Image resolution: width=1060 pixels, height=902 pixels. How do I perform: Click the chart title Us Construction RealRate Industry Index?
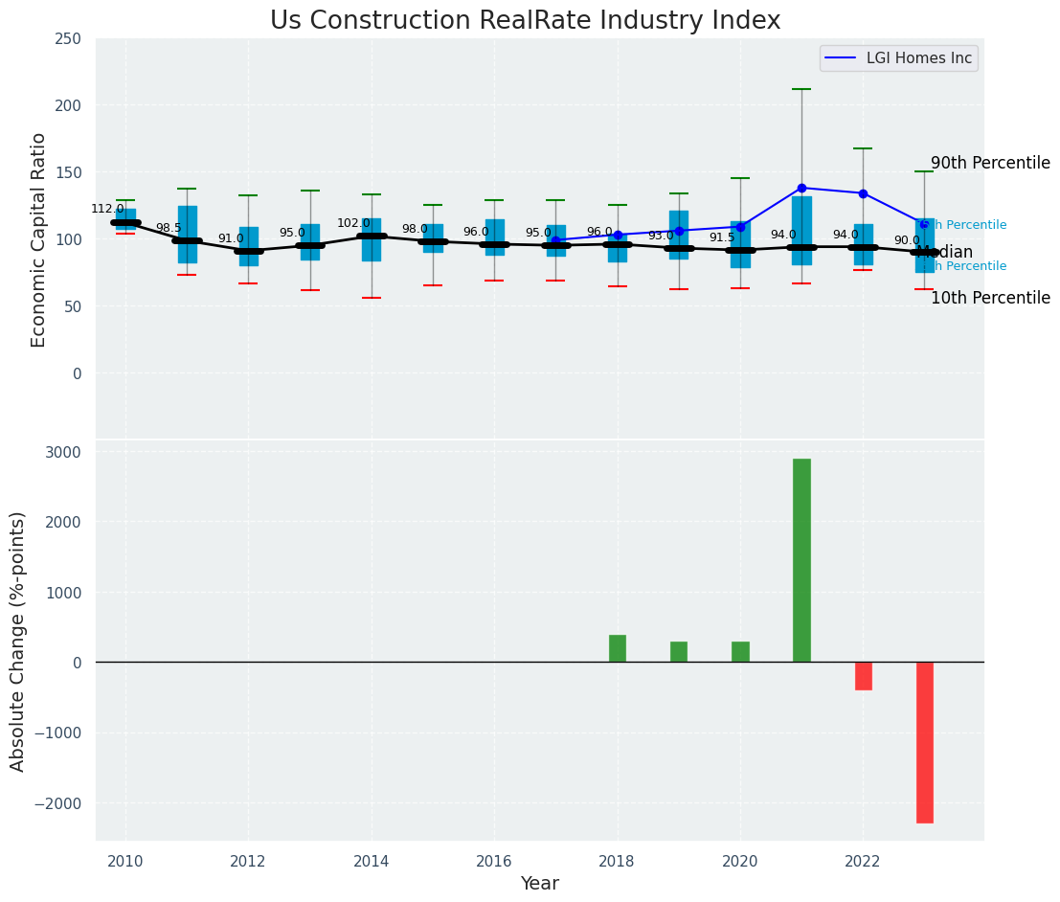(525, 21)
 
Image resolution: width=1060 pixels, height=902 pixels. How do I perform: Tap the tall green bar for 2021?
(801, 560)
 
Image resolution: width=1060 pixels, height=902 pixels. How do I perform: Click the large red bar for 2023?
(924, 742)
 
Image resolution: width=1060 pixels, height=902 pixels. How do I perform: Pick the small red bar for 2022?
(863, 676)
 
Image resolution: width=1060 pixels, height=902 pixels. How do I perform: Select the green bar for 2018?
(618, 648)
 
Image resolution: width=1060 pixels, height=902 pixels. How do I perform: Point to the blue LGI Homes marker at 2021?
(801, 188)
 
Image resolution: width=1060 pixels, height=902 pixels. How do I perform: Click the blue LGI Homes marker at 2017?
(555, 240)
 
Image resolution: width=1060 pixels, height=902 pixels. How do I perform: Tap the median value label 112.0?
(107, 209)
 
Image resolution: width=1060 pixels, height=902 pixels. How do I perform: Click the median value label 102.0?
(352, 223)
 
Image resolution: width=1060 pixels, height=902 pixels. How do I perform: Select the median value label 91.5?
(721, 237)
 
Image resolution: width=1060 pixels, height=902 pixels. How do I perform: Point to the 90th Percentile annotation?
(990, 164)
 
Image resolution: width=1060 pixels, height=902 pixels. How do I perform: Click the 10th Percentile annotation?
(990, 298)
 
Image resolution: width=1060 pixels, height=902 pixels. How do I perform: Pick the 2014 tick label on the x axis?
(371, 862)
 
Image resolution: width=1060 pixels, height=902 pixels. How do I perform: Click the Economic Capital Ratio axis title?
(39, 239)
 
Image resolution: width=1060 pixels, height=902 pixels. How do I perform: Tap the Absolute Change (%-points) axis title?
(18, 641)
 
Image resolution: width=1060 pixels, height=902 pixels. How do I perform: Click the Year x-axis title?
(539, 884)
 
